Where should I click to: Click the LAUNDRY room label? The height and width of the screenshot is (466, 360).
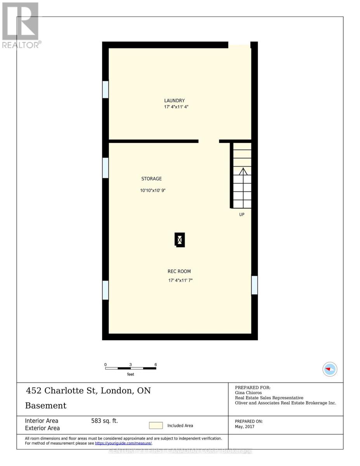click(174, 101)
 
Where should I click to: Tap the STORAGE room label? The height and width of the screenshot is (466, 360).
click(151, 179)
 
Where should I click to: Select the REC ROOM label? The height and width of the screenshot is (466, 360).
click(179, 271)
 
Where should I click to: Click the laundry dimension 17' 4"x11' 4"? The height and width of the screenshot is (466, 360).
click(176, 107)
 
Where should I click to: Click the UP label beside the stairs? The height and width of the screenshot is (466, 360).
click(242, 214)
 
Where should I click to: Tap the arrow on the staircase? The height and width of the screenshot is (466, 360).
click(243, 171)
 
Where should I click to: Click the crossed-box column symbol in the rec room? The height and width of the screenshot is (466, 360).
click(180, 240)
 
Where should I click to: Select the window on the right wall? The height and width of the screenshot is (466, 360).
click(254, 285)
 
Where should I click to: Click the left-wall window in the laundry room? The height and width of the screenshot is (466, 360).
click(105, 89)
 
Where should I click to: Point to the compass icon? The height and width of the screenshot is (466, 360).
click(330, 369)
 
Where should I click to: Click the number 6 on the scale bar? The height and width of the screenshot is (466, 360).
click(156, 365)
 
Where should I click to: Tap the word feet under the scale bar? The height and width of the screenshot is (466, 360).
click(130, 374)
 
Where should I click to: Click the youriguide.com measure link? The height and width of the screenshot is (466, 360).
click(123, 443)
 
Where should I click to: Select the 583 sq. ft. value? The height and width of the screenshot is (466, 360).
click(104, 421)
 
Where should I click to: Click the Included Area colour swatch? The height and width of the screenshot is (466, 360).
click(156, 426)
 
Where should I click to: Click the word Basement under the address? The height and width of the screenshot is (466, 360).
click(46, 406)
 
